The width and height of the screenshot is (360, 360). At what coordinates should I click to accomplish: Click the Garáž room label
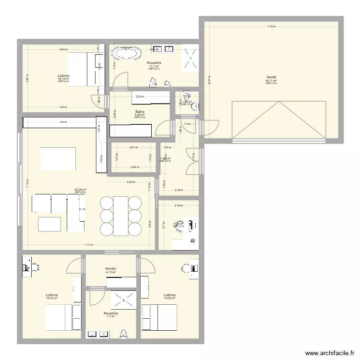(x=271, y=77)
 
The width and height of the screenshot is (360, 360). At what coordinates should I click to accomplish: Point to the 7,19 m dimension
(x=272, y=27)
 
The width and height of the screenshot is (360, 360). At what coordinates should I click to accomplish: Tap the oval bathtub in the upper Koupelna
(x=126, y=52)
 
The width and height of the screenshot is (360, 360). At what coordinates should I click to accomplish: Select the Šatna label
(x=140, y=112)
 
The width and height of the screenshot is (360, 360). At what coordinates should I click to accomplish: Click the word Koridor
(x=111, y=269)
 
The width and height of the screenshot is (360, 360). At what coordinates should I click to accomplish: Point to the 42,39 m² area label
(x=80, y=190)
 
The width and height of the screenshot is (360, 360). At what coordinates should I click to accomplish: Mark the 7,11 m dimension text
(x=89, y=245)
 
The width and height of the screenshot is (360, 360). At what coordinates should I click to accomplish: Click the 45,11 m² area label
(x=271, y=81)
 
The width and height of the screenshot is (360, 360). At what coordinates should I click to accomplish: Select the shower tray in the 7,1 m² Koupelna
(x=123, y=300)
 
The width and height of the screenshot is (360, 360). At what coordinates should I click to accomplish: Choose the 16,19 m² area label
(x=63, y=79)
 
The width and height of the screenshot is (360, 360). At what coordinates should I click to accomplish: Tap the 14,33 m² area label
(x=52, y=298)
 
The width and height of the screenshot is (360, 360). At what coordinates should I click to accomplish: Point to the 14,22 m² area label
(x=169, y=298)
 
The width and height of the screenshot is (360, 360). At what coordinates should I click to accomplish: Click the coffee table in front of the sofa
(x=49, y=224)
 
